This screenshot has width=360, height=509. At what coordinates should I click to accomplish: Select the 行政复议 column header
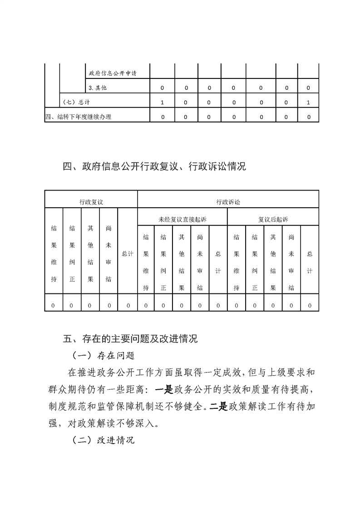pos(91,201)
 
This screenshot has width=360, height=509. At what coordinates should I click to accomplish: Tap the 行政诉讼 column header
pos(228,201)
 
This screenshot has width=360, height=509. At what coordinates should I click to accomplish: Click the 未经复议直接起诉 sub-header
pos(182,219)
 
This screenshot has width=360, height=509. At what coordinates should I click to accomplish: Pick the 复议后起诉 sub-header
pos(273,219)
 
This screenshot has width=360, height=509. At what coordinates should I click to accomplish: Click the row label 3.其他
pos(98,88)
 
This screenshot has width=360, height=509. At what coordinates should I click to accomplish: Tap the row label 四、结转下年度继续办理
pos(78,117)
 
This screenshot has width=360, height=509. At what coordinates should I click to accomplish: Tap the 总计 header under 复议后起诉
pos(310,262)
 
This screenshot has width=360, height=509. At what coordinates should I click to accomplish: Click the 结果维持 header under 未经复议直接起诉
pos(146,262)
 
